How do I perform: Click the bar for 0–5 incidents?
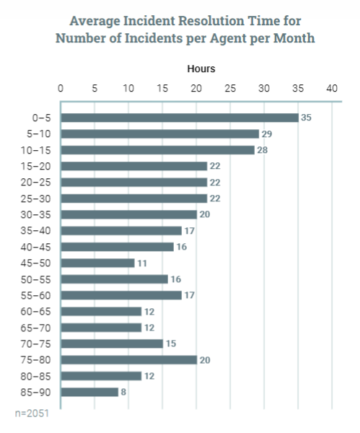(x=179, y=118)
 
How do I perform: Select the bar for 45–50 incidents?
(x=97, y=263)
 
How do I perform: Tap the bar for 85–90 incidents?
(x=89, y=392)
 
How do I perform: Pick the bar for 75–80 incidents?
(x=128, y=359)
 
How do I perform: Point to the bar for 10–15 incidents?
(x=157, y=150)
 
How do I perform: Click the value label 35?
(x=306, y=118)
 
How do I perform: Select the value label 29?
(x=266, y=134)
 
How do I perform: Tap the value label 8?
(x=124, y=392)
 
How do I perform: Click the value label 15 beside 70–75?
(x=172, y=344)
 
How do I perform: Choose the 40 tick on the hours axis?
(x=332, y=89)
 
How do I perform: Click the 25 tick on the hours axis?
(x=230, y=89)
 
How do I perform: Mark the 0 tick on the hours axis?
(x=61, y=89)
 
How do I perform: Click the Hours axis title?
(x=201, y=69)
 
